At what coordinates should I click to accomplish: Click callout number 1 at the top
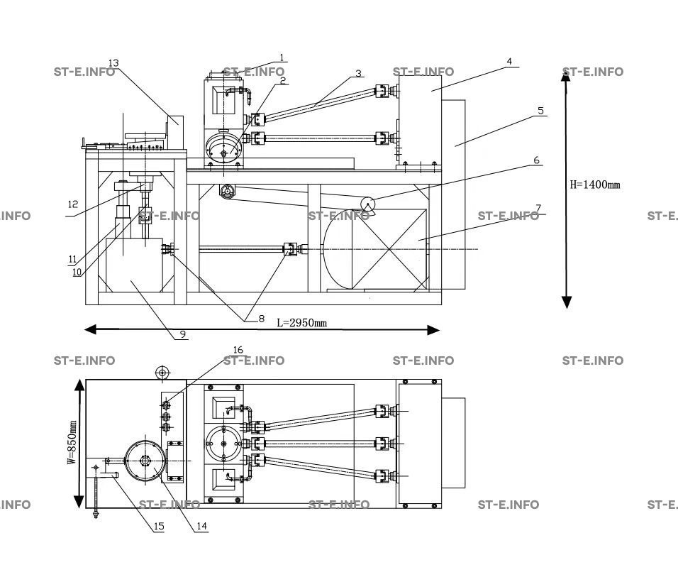coord(282,57)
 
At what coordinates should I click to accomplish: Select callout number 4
coord(508,62)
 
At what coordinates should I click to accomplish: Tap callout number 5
coord(540,111)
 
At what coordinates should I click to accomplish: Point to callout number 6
coord(537,160)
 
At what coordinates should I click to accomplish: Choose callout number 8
coord(261,319)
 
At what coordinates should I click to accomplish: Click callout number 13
coord(113,63)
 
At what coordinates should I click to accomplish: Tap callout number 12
coord(73,204)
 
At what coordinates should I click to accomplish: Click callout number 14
coord(202,527)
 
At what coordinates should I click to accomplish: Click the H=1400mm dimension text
coord(595,185)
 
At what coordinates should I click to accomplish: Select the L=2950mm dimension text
coord(301,323)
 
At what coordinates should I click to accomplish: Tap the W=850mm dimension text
coord(72,442)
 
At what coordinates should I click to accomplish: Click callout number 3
coord(358,73)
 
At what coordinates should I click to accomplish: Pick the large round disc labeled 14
coord(145,461)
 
